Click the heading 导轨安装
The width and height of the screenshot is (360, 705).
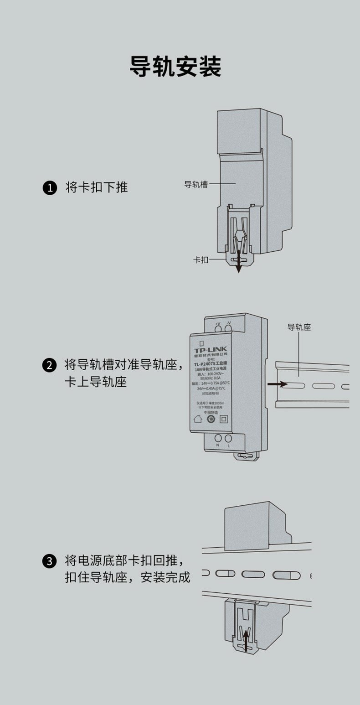point(175,67)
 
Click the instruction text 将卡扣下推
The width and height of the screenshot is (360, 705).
point(97,187)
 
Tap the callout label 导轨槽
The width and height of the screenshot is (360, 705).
point(195,184)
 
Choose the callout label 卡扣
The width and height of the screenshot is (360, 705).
point(201,259)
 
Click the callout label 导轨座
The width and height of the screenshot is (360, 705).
point(299,327)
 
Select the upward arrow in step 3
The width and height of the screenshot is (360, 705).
point(246,640)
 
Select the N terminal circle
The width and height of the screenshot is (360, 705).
point(218,439)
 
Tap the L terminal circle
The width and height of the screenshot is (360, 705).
point(228,439)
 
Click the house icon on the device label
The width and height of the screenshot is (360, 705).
point(198,419)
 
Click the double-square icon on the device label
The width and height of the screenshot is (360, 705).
point(224,419)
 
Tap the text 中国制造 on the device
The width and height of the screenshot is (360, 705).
point(211,412)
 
